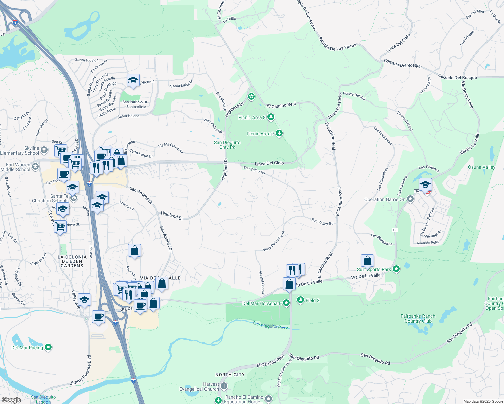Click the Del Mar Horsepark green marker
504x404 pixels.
pyautogui.click(x=286, y=303)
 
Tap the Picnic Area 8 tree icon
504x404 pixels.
pyautogui.click(x=271, y=117)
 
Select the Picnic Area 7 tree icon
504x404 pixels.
pyautogui.click(x=279, y=133)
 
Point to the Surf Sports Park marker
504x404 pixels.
pyautogui.click(x=396, y=269)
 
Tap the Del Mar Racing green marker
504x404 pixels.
pyautogui.click(x=48, y=347)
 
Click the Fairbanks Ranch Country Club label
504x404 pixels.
pyautogui.click(x=418, y=318)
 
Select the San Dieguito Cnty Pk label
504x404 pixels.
pyautogui.click(x=227, y=145)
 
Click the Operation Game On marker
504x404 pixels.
pyautogui.click(x=410, y=199)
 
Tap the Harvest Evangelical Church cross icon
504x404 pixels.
pyautogui.click(x=224, y=386)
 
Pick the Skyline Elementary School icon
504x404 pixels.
pyautogui.click(x=44, y=149)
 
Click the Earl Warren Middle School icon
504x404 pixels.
pyautogui.click(x=35, y=166)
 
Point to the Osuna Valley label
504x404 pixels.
pyautogui.click(x=481, y=167)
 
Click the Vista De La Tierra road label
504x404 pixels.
pyautogui.click(x=274, y=241)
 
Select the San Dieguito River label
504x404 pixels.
pyautogui.click(x=270, y=325)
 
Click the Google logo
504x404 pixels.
pyautogui.click(x=11, y=400)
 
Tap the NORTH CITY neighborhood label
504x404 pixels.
pyautogui.click(x=230, y=375)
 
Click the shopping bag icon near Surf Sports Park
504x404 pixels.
pyautogui.click(x=367, y=261)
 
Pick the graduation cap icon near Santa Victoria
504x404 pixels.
pyautogui.click(x=133, y=80)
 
